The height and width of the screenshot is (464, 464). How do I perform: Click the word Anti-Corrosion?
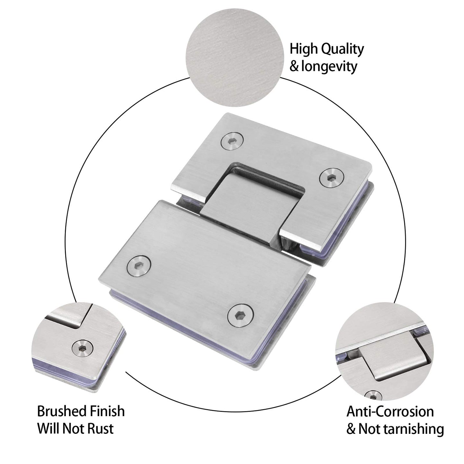pos(390,412)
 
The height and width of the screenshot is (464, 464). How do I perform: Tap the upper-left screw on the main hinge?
pos(232,141)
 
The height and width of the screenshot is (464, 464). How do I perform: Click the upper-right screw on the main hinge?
pos(331,177)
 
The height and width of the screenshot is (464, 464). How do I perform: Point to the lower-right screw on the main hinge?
pos(240,315)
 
